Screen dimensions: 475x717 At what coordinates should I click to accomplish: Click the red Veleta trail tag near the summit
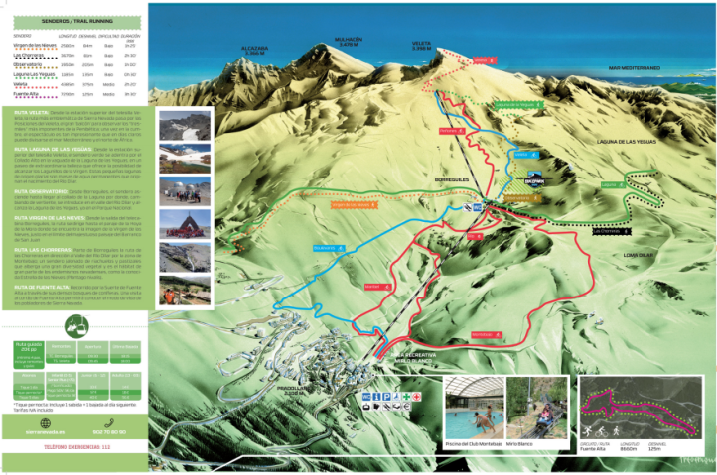[x=482, y=61]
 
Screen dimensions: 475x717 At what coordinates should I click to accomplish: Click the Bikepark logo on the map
[x=533, y=180]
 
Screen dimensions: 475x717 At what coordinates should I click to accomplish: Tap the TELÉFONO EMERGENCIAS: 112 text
[x=73, y=448]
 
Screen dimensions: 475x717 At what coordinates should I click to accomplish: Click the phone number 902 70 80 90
[x=110, y=431]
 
